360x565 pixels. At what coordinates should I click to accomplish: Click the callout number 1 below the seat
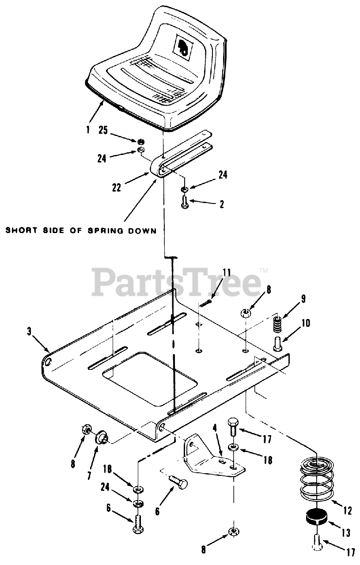click(x=88, y=130)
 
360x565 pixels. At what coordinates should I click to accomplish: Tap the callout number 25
click(x=103, y=131)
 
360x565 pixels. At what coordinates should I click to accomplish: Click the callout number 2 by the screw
click(x=221, y=204)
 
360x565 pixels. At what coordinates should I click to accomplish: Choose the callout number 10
click(x=306, y=323)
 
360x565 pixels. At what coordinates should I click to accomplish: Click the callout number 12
click(x=347, y=511)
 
